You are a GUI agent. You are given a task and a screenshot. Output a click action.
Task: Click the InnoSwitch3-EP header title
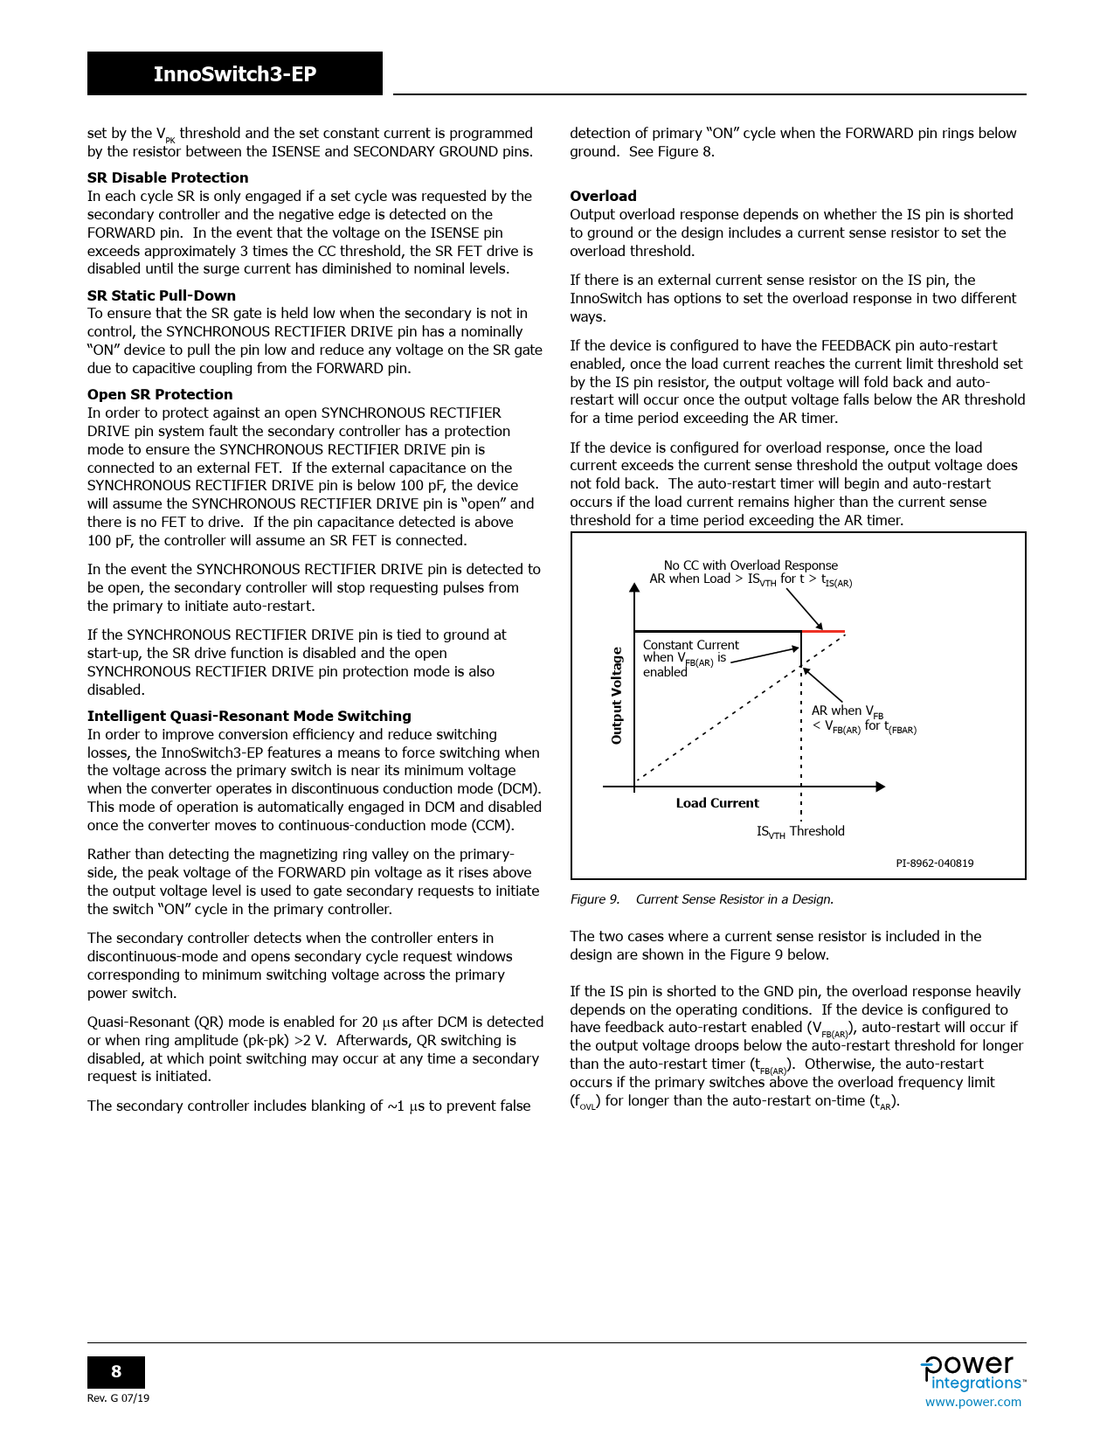[x=234, y=74]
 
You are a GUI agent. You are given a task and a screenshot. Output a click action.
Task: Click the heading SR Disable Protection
[x=168, y=177]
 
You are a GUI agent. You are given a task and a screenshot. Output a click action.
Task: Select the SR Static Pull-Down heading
[x=162, y=295]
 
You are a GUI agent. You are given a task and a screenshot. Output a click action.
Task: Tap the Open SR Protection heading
[x=160, y=394]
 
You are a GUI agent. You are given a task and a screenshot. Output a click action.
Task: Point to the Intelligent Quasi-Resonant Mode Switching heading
[x=249, y=716]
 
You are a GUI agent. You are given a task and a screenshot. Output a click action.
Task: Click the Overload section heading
[x=603, y=196]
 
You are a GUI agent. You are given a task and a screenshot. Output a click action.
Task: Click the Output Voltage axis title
[x=617, y=696]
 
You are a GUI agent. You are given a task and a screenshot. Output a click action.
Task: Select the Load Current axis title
[x=717, y=803]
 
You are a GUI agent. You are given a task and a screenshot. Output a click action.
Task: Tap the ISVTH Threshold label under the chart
[x=800, y=831]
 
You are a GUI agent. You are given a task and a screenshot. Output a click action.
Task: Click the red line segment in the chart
[x=823, y=631]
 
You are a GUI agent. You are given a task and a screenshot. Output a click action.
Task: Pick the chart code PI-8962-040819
[x=934, y=863]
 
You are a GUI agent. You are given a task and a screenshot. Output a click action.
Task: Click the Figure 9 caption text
[x=702, y=899]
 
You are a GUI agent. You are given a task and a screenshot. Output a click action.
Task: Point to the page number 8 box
[x=116, y=1372]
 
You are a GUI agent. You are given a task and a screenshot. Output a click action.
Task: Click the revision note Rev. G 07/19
[x=118, y=1398]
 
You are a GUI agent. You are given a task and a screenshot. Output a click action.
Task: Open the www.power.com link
[x=972, y=1402]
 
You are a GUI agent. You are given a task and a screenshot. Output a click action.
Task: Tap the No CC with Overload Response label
[x=751, y=565]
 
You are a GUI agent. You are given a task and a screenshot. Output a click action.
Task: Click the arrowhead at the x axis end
[x=881, y=787]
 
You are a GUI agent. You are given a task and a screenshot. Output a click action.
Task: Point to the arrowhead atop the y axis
[x=634, y=587]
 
